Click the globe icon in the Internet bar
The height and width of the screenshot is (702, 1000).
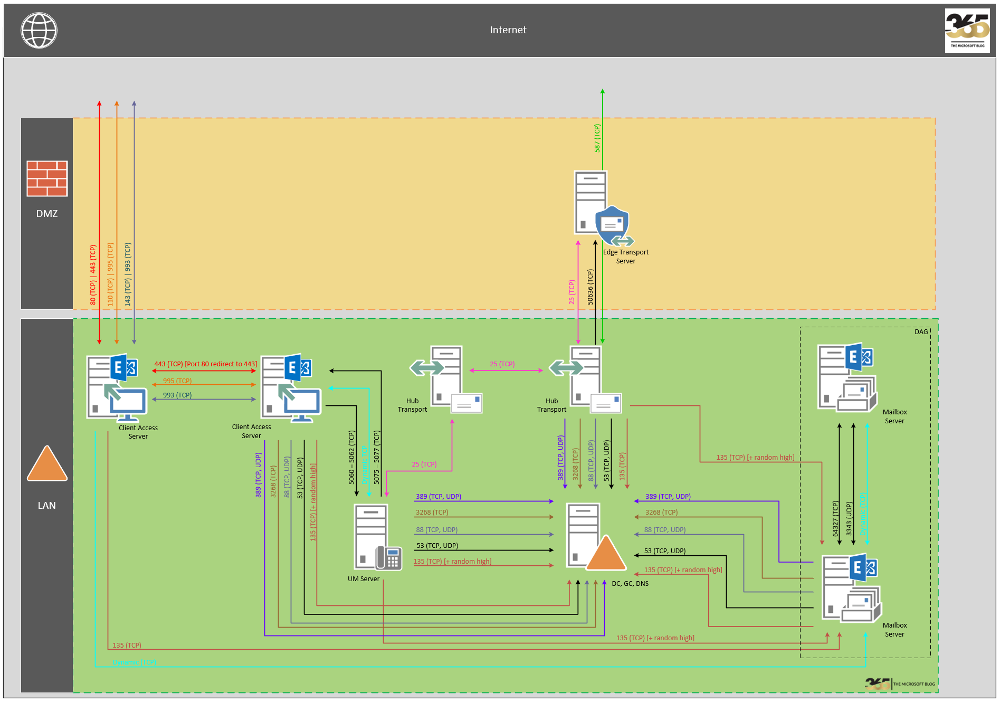(x=39, y=31)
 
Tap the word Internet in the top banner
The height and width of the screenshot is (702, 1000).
(x=508, y=30)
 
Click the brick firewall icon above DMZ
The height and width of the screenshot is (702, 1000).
(x=47, y=178)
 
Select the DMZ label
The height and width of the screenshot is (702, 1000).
(x=47, y=214)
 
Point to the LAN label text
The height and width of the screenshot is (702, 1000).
(x=46, y=506)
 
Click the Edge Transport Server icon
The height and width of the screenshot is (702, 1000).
(x=602, y=208)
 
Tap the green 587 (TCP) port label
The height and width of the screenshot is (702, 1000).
(x=597, y=138)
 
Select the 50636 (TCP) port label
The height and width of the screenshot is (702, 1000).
(x=591, y=287)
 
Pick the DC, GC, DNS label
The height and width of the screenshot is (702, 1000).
(x=630, y=584)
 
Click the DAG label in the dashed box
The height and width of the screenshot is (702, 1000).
(x=921, y=332)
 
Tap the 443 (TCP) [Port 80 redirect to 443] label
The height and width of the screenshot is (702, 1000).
(x=205, y=364)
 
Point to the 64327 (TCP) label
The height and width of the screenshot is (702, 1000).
(x=835, y=519)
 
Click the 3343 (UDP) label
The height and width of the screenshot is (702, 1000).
(x=849, y=519)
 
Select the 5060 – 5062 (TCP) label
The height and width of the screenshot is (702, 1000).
(x=351, y=457)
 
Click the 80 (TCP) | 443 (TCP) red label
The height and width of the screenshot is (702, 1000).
(x=93, y=275)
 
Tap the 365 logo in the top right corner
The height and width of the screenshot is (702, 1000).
(x=967, y=31)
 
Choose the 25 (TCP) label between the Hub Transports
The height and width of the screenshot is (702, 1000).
(x=502, y=364)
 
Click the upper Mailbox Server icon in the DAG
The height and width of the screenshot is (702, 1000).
(x=846, y=377)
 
